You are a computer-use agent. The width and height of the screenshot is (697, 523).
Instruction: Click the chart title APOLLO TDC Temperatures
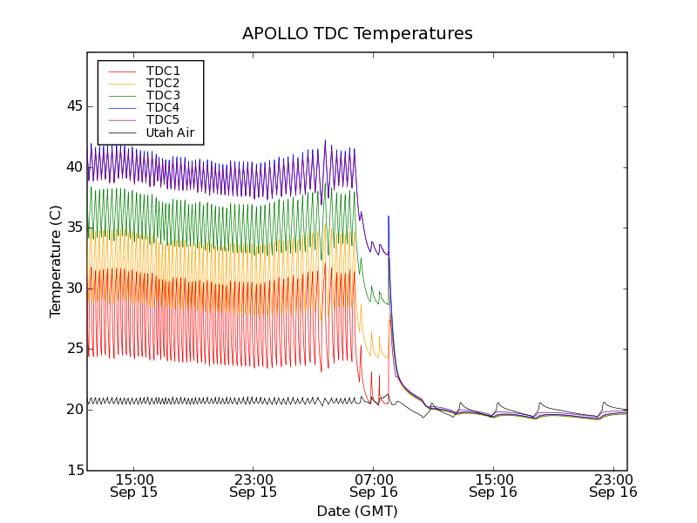[357, 34]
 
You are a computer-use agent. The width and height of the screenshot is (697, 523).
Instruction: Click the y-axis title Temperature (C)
[56, 261]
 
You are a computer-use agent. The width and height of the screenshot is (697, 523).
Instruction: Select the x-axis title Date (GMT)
[357, 511]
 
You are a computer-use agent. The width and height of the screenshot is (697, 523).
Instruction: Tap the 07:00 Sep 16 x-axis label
[374, 486]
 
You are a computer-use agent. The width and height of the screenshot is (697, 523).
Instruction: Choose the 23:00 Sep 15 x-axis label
[254, 486]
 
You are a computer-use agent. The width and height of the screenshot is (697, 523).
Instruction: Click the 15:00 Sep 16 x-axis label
[493, 486]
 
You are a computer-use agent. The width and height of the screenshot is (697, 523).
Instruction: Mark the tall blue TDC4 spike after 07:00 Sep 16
[389, 218]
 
